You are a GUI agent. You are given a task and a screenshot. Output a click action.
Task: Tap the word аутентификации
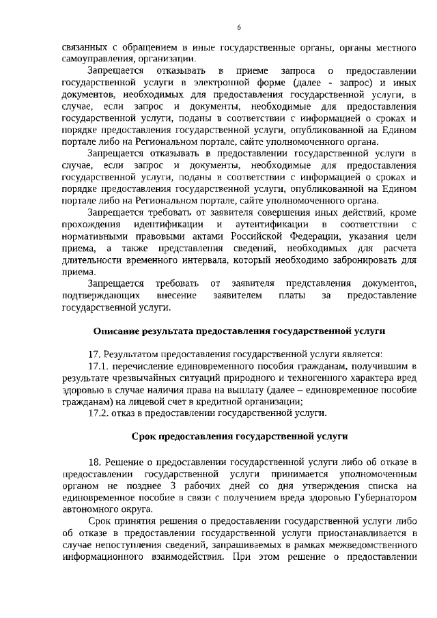271,225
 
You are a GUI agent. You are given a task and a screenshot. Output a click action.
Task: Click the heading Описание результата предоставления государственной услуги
239,331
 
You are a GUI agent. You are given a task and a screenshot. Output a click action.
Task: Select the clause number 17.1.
100,366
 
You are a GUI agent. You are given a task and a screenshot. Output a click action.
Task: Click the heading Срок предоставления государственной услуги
239,436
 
